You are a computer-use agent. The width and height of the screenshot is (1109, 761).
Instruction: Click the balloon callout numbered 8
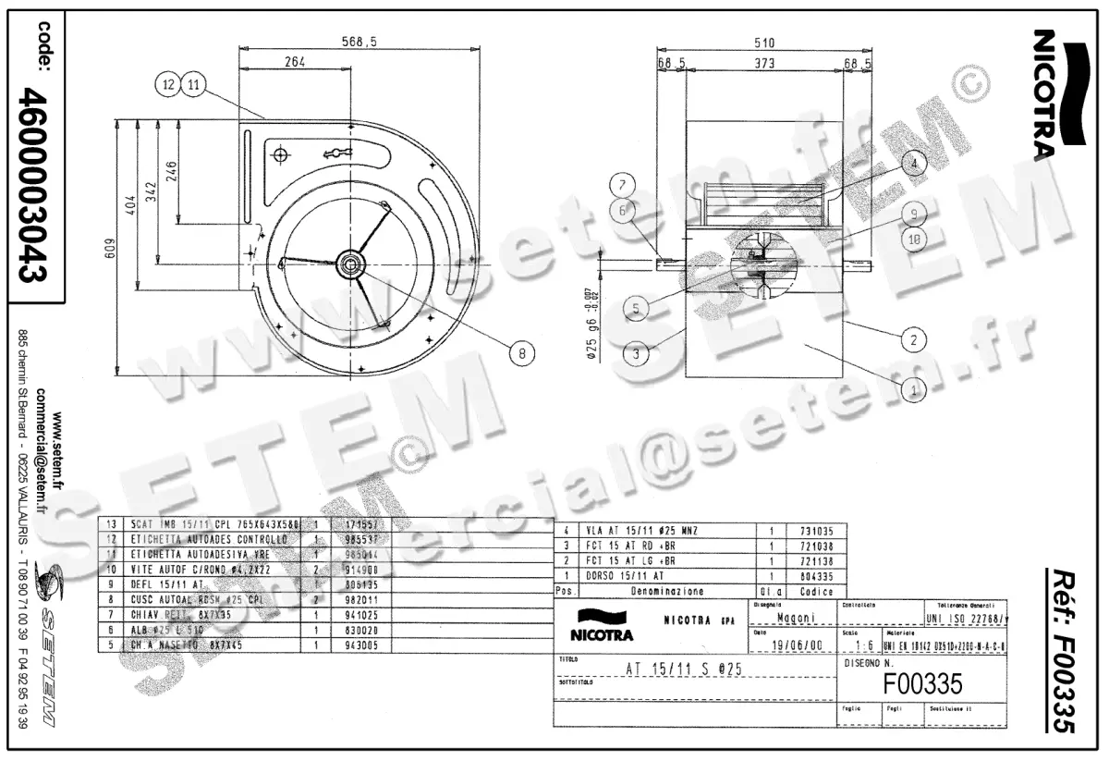[x=521, y=351]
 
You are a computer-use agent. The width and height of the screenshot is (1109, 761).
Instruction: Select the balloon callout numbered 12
[x=167, y=84]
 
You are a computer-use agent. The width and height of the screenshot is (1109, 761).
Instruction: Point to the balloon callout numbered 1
[x=913, y=391]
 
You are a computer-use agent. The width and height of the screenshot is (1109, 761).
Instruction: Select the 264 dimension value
[x=294, y=62]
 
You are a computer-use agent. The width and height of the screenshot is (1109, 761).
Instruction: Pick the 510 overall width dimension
[x=763, y=43]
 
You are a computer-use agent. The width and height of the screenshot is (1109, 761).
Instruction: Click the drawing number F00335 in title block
[x=923, y=683]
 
